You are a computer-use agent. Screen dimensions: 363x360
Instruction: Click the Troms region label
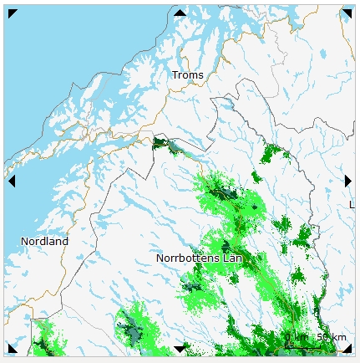point(187,75)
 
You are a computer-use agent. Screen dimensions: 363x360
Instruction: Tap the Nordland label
point(44,242)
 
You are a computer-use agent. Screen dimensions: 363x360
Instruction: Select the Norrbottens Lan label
point(199,258)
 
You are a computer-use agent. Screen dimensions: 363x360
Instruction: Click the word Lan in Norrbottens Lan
point(232,258)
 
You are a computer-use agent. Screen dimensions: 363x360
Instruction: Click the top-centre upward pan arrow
point(180,13)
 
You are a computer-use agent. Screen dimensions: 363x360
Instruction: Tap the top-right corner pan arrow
point(347,13)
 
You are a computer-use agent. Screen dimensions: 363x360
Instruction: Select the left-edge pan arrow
point(12,181)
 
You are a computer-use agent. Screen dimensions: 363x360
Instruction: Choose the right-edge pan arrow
point(347,181)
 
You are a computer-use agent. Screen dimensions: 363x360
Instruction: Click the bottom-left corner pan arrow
point(13,348)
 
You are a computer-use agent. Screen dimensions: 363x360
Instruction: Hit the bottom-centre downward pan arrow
point(180,349)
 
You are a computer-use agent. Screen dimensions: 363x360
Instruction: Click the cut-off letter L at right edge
point(351,204)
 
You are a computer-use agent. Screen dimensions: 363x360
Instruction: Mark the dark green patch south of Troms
point(162,144)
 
